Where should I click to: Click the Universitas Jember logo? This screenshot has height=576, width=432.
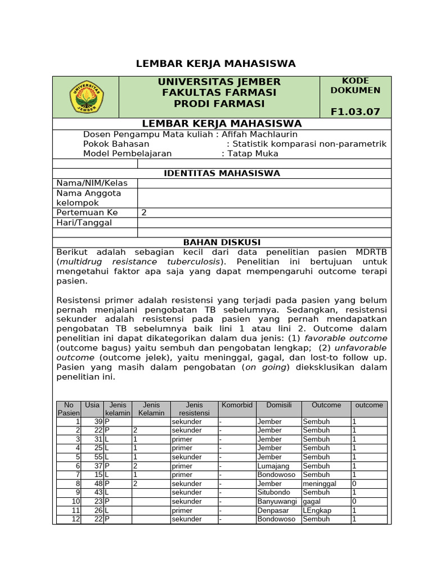pyautogui.click(x=86, y=97)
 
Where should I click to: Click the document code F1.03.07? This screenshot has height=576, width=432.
pyautogui.click(x=355, y=111)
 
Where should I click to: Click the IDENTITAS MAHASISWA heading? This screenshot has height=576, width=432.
pyautogui.click(x=222, y=173)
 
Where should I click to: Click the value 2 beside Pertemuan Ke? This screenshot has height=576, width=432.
pyautogui.click(x=144, y=213)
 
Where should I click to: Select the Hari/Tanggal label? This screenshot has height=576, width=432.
pyautogui.click(x=84, y=222)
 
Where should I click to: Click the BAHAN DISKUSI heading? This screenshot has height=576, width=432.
pyautogui.click(x=222, y=242)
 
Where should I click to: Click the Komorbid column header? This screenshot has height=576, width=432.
pyautogui.click(x=237, y=405)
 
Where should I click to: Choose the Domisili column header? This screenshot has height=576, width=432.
pyautogui.click(x=278, y=405)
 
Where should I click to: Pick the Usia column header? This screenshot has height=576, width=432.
pyautogui.click(x=92, y=405)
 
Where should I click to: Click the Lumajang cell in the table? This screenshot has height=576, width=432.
pyautogui.click(x=274, y=466)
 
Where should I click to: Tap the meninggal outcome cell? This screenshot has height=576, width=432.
pyautogui.click(x=319, y=484)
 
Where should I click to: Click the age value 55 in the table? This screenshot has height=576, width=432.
pyautogui.click(x=98, y=457)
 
